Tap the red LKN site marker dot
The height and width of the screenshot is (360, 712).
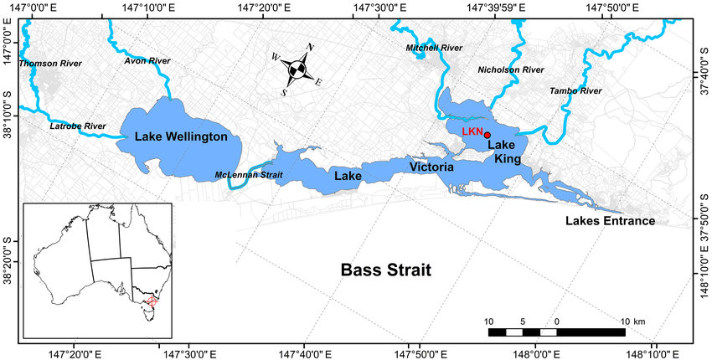tap(488, 135)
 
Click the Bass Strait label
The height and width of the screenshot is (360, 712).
tap(385, 270)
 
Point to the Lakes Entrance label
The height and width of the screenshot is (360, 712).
tap(610, 221)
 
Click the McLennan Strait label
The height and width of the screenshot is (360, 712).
tap(249, 174)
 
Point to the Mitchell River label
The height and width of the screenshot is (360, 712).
tap(434, 49)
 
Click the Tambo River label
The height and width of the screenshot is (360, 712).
tap(575, 90)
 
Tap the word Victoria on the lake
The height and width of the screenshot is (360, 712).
tap(431, 167)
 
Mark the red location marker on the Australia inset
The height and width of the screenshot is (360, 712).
tap(152, 300)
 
